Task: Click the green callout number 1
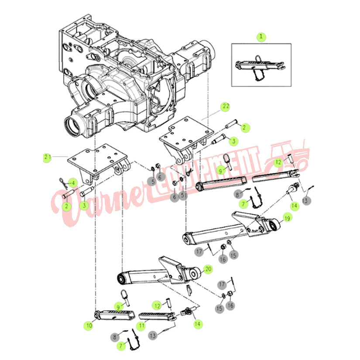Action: point(261,37)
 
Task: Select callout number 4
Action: point(72,183)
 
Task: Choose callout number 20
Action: point(208,269)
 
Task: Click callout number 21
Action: point(47,157)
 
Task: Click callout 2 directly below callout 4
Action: point(66,206)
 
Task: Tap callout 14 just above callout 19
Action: point(294,205)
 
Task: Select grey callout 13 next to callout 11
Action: point(153,336)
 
